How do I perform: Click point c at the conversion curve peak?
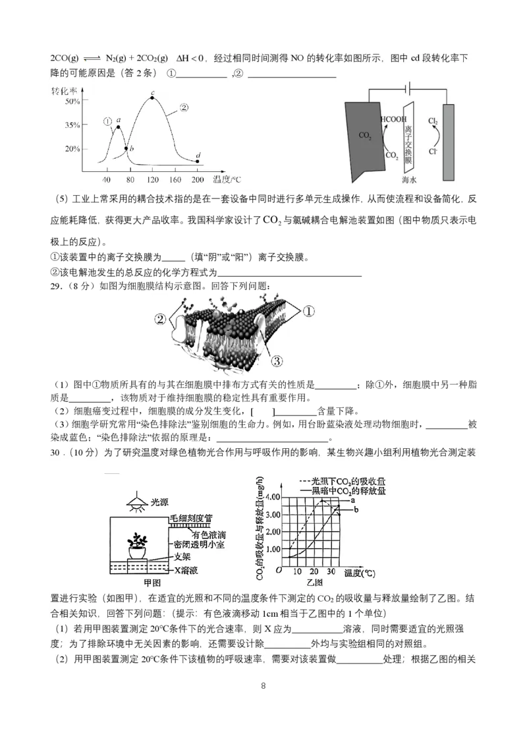[x=152, y=98]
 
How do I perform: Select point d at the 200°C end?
[x=198, y=161]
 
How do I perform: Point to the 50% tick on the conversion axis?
[x=72, y=101]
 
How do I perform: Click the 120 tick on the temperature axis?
[x=152, y=179]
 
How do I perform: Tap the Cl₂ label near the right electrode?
[x=433, y=121]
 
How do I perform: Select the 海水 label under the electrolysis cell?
[x=411, y=179]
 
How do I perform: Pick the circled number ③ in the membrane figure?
[x=277, y=360]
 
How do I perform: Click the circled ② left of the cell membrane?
[x=160, y=319]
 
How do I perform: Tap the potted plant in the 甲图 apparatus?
[x=138, y=545]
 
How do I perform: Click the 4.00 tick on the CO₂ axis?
[x=271, y=496]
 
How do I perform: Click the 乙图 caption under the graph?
[x=314, y=583]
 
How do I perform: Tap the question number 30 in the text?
[x=55, y=453]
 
